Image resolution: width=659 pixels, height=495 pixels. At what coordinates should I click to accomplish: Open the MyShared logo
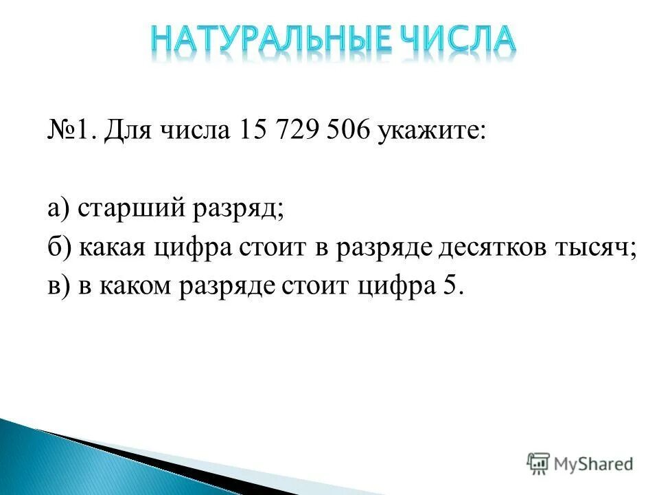click(x=580, y=464)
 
